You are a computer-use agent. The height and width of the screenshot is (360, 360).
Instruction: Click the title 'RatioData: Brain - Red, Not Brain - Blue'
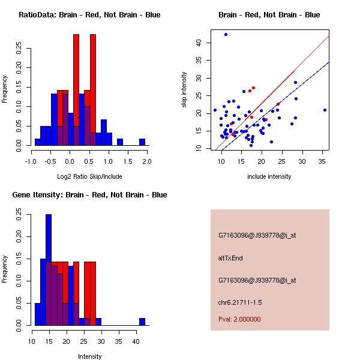(x=89, y=15)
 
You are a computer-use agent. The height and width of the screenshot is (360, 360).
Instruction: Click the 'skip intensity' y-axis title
(x=184, y=90)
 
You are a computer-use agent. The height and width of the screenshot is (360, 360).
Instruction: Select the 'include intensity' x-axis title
(x=269, y=176)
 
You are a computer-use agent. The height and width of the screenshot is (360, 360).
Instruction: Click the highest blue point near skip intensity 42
(x=226, y=34)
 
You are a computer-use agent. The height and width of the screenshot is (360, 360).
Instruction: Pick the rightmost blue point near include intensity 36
(x=325, y=110)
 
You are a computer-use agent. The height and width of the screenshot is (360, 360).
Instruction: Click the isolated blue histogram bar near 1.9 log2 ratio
(x=142, y=142)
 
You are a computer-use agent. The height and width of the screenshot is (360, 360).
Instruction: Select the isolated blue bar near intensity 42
(x=142, y=322)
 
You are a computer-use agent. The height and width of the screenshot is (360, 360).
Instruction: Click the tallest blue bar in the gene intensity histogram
(x=49, y=269)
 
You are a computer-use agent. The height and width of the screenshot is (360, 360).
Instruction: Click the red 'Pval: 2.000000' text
(x=239, y=319)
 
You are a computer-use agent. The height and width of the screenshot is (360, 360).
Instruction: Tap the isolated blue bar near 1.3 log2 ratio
(x=119, y=142)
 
